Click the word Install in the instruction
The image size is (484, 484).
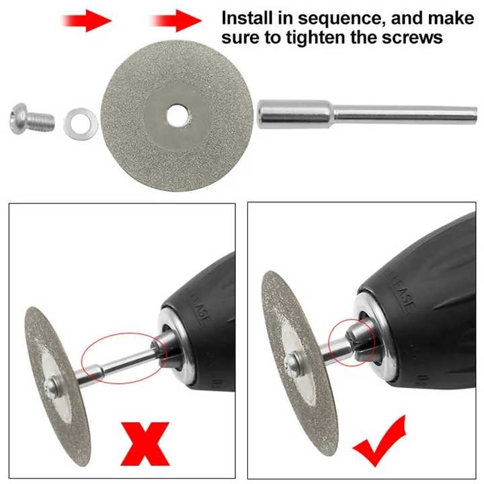[249, 17]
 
